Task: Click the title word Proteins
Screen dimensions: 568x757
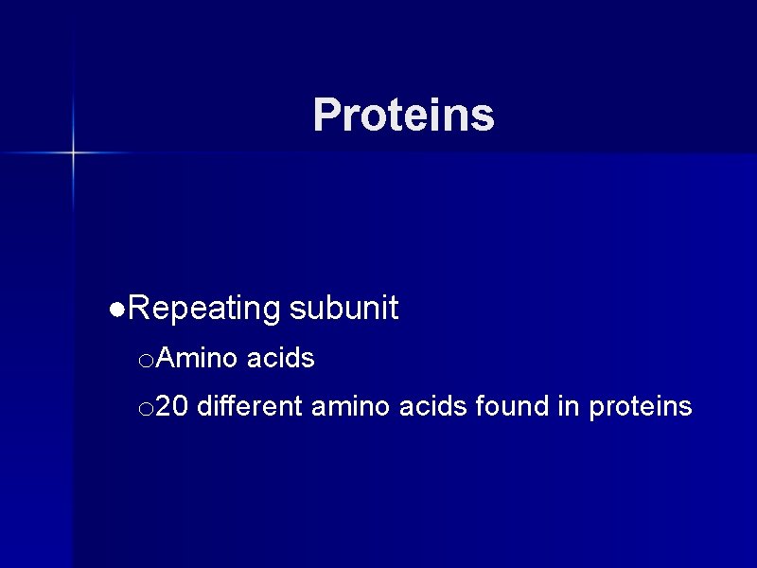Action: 403,115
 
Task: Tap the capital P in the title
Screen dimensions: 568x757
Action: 326,115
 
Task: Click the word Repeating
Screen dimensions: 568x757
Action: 203,309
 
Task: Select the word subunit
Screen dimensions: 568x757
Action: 343,309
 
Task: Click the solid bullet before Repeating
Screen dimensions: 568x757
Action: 115,310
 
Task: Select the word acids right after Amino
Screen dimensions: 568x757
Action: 280,359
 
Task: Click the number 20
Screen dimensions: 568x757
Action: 171,407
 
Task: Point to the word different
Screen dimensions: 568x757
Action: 250,407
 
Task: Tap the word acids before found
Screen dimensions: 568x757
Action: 433,407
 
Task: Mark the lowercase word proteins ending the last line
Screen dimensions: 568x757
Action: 641,408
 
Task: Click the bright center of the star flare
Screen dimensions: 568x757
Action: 73,151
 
